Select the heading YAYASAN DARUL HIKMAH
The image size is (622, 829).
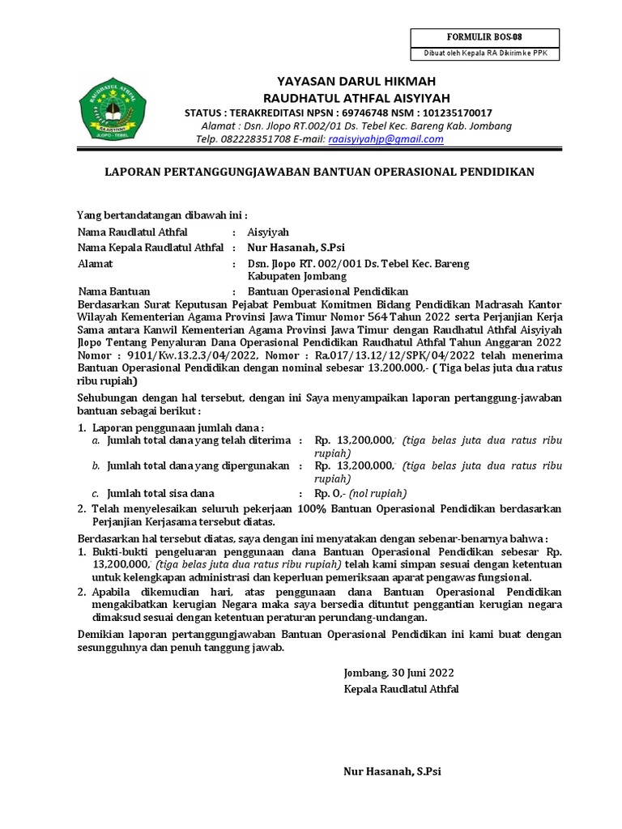356,82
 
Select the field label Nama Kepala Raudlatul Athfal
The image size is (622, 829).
150,248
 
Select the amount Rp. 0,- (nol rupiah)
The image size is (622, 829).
360,493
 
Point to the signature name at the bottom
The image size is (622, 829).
393,772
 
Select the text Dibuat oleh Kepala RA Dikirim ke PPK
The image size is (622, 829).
485,53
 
